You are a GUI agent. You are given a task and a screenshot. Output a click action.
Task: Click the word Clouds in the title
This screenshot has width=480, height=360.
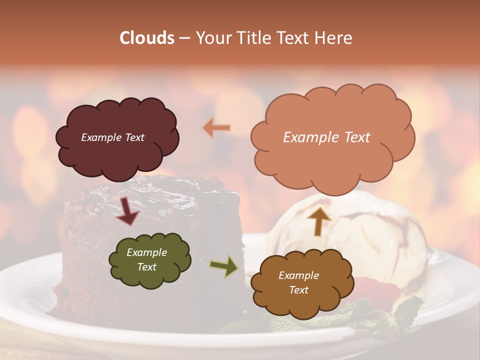(147, 38)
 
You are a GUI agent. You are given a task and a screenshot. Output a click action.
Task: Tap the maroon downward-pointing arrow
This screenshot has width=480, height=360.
(127, 211)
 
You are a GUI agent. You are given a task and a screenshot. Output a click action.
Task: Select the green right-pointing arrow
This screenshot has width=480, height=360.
(223, 266)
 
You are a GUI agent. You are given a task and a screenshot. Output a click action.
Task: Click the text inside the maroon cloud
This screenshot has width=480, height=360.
(112, 137)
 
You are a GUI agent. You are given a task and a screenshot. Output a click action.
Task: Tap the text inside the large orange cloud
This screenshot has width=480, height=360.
(326, 137)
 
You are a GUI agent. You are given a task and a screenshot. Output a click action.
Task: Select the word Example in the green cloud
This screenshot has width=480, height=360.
(146, 252)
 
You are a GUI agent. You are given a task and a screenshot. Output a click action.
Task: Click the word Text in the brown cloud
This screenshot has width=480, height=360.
(298, 290)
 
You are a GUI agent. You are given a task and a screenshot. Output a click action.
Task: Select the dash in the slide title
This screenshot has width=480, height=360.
(184, 38)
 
